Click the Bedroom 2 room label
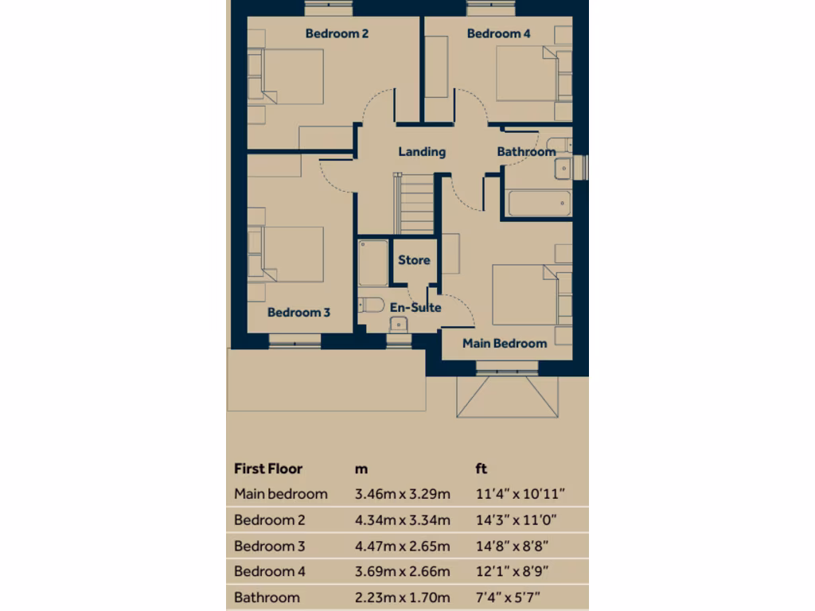click(337, 33)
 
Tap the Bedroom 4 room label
click(498, 33)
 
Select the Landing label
click(422, 151)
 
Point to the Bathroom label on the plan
click(526, 151)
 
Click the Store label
click(414, 260)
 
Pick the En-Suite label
click(415, 307)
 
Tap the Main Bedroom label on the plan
click(505, 344)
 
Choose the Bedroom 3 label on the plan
click(298, 313)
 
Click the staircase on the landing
click(415, 204)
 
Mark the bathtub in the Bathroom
click(539, 203)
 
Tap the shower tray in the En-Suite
click(372, 263)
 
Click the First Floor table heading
click(268, 469)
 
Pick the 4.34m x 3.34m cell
click(402, 520)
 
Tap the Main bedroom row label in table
click(280, 494)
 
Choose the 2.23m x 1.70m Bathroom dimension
click(402, 597)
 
